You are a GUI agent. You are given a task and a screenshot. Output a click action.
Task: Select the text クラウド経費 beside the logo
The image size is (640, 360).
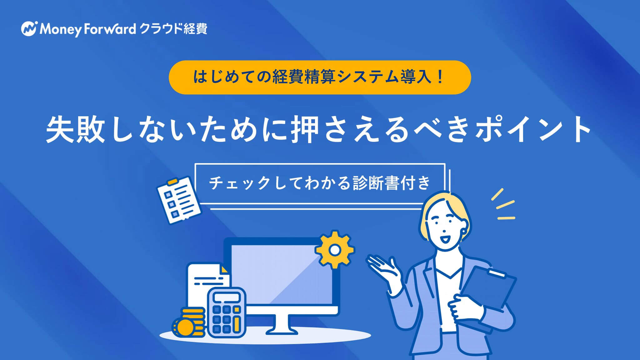coord(173,29)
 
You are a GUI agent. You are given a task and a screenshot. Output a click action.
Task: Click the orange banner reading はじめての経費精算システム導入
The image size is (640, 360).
coord(320,77)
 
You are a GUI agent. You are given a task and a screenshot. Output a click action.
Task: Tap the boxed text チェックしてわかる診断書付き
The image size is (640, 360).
coord(320,183)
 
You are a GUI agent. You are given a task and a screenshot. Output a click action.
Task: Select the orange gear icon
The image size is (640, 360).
coord(335,249)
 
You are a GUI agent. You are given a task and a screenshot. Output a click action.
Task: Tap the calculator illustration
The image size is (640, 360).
coord(227,312)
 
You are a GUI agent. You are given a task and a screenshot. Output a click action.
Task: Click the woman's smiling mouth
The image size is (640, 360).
coord(446,239)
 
